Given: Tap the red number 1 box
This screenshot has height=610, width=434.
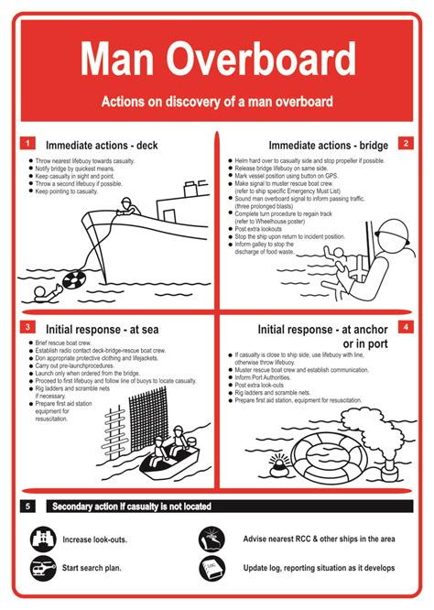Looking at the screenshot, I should click(x=28, y=144).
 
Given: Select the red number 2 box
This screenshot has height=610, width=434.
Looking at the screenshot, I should click(x=405, y=144).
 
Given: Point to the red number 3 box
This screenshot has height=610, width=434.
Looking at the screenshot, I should click(x=28, y=327).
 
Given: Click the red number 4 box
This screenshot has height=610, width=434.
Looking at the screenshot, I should click(x=405, y=327).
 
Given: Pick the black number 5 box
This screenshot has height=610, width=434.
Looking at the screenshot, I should click(x=28, y=506).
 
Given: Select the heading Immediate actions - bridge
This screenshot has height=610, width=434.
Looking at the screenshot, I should click(x=328, y=145).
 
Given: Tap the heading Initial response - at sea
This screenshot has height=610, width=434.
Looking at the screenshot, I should click(x=105, y=328).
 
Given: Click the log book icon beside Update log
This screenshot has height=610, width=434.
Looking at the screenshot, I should click(x=212, y=568).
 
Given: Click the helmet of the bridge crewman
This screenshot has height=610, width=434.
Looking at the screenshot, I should click(x=395, y=230).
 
